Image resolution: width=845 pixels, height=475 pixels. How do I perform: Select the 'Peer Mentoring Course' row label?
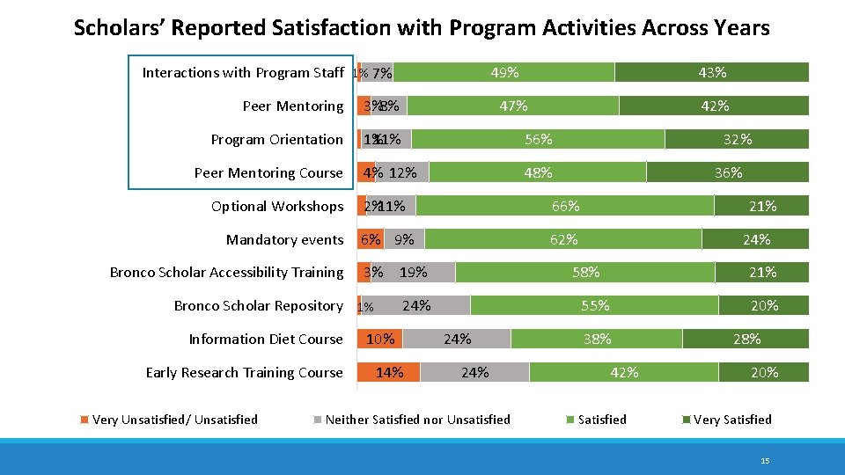coord(268,173)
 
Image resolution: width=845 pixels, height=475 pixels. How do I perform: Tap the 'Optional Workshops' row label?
coord(277,207)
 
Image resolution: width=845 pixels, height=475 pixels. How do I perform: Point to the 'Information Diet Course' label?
coord(266,340)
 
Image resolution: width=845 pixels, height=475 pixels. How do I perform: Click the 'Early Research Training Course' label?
coord(244,373)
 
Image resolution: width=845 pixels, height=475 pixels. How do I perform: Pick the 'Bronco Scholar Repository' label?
coord(258,306)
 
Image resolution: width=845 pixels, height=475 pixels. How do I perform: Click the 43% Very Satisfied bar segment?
coord(711,73)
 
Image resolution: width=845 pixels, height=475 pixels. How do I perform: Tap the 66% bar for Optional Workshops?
coord(565,207)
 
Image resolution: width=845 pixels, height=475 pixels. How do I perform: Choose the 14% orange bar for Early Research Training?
coord(388,373)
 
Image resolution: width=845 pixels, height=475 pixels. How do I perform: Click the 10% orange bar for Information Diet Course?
coord(379,340)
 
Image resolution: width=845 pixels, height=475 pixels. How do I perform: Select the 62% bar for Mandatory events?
coord(563,239)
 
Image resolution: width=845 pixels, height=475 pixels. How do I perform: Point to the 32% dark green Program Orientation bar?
coord(737,139)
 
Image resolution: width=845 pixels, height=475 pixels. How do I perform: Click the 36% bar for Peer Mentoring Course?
coord(727,173)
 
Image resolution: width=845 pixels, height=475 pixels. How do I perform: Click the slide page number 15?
coord(765,460)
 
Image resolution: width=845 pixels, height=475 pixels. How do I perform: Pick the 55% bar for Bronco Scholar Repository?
coord(594,306)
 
